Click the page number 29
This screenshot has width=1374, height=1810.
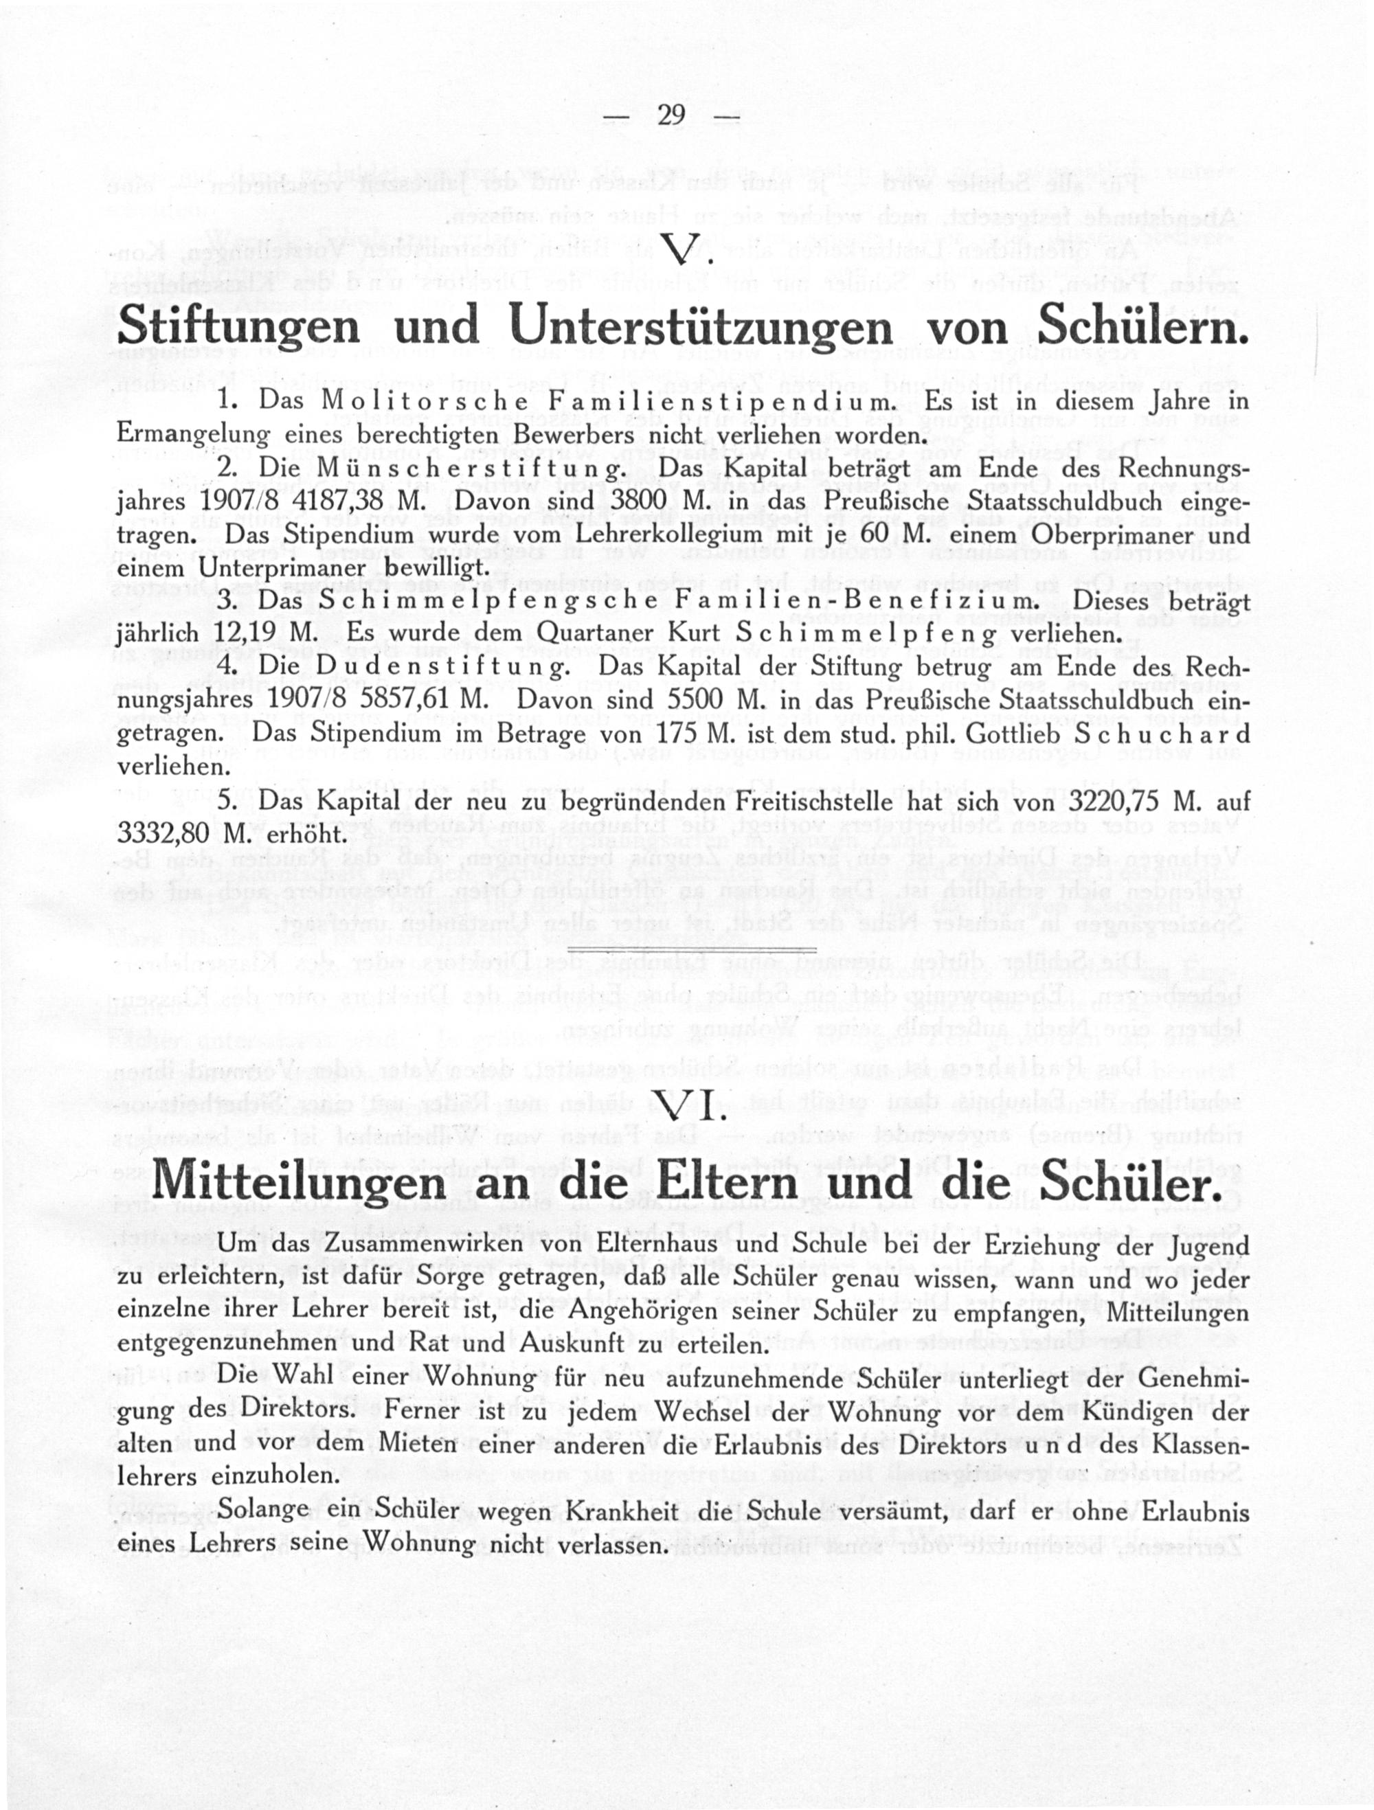671,116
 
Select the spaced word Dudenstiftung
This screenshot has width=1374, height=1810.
442,667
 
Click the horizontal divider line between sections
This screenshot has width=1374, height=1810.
692,949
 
